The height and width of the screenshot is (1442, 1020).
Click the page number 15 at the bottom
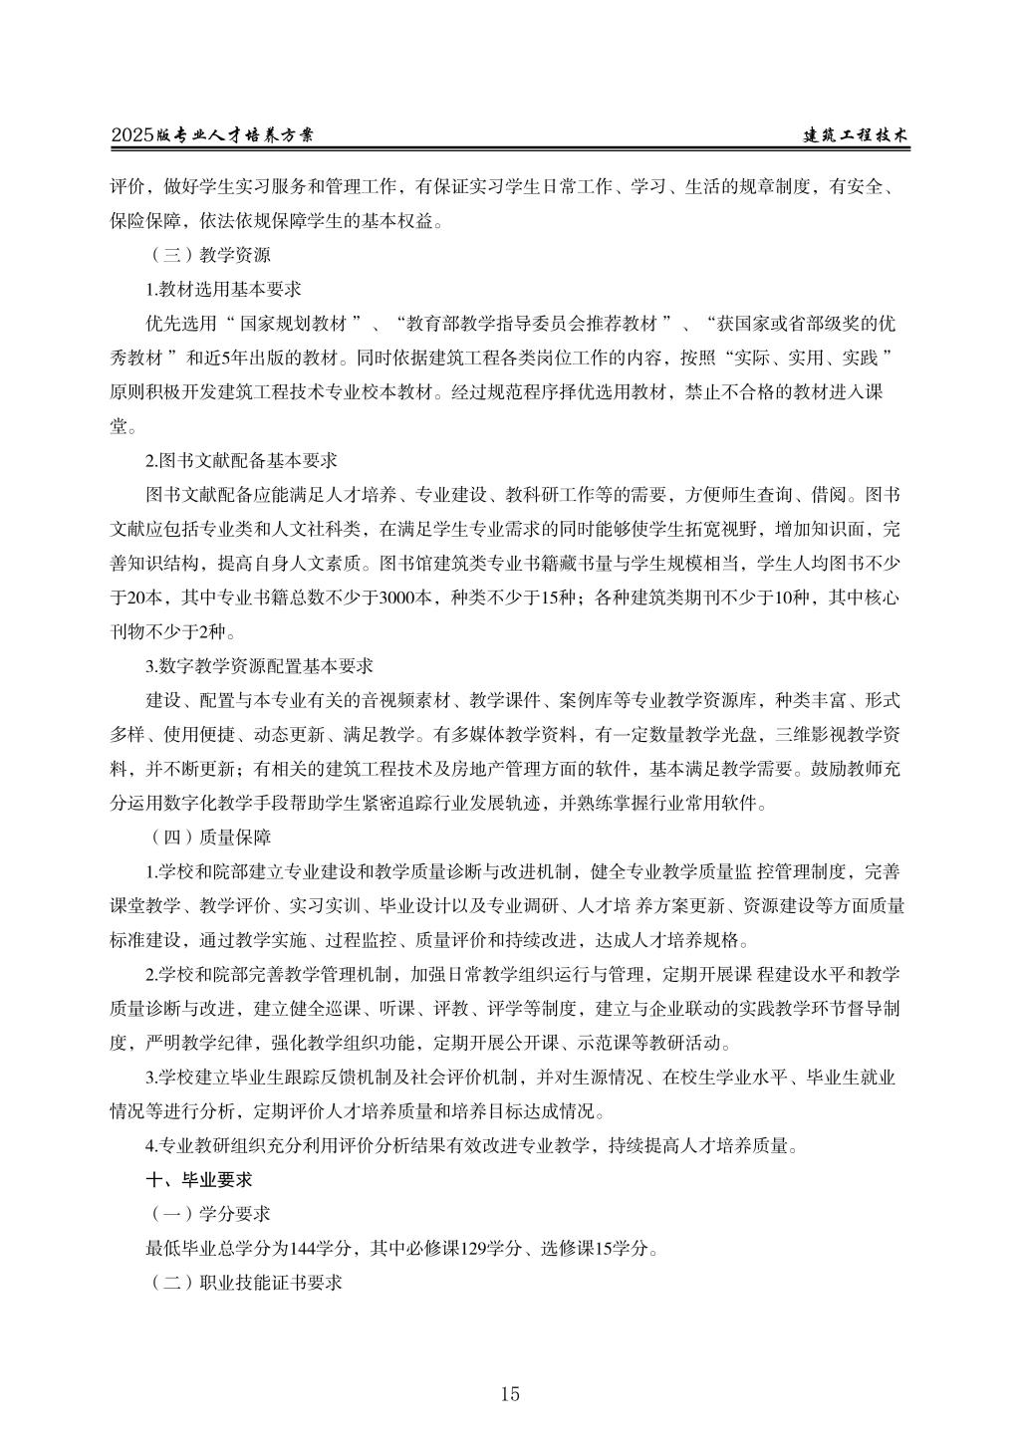pyautogui.click(x=510, y=1393)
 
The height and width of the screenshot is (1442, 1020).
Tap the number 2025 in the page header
pyautogui.click(x=133, y=136)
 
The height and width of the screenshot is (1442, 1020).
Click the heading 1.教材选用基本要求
pyautogui.click(x=223, y=289)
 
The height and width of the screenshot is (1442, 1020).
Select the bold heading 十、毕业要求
pyautogui.click(x=199, y=1179)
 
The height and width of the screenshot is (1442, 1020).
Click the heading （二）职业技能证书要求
pyautogui.click(x=245, y=1283)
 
